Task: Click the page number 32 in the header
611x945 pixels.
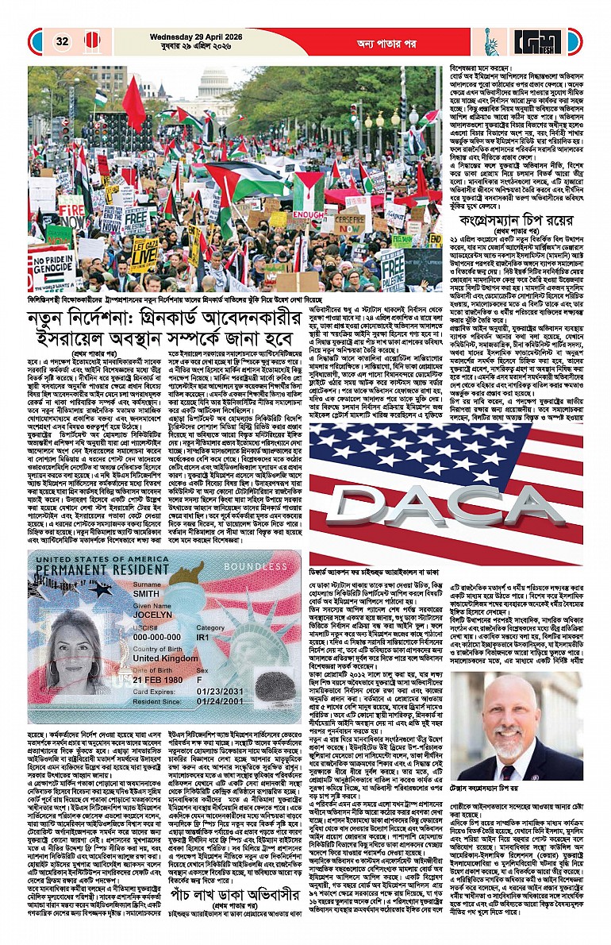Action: (x=61, y=41)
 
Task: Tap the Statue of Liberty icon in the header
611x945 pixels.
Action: (x=490, y=41)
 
